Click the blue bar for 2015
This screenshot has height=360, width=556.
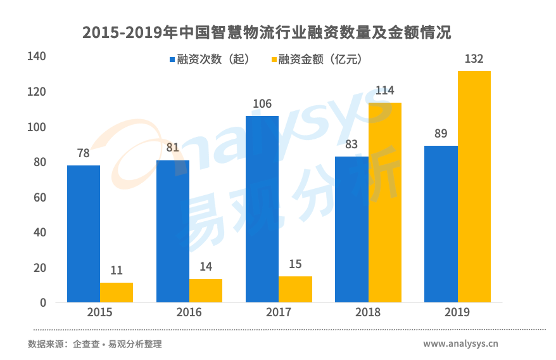tap(83, 234)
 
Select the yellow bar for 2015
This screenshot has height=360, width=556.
tap(117, 292)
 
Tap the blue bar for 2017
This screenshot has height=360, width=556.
tap(262, 209)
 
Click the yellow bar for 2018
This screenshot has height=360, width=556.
tap(385, 202)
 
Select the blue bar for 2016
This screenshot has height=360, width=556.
tap(172, 231)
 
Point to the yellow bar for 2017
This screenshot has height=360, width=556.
tap(295, 289)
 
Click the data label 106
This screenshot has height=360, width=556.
tap(262, 104)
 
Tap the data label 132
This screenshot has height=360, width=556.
tap(474, 59)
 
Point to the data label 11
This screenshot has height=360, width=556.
tap(117, 270)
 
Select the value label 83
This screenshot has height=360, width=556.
tap(351, 144)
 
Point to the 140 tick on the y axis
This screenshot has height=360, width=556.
tap(37, 57)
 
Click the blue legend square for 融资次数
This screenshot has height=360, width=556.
tap(172, 60)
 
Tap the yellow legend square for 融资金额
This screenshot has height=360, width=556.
tap(274, 60)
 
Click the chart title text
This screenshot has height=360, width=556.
tap(267, 32)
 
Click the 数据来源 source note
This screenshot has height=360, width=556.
tap(95, 344)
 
